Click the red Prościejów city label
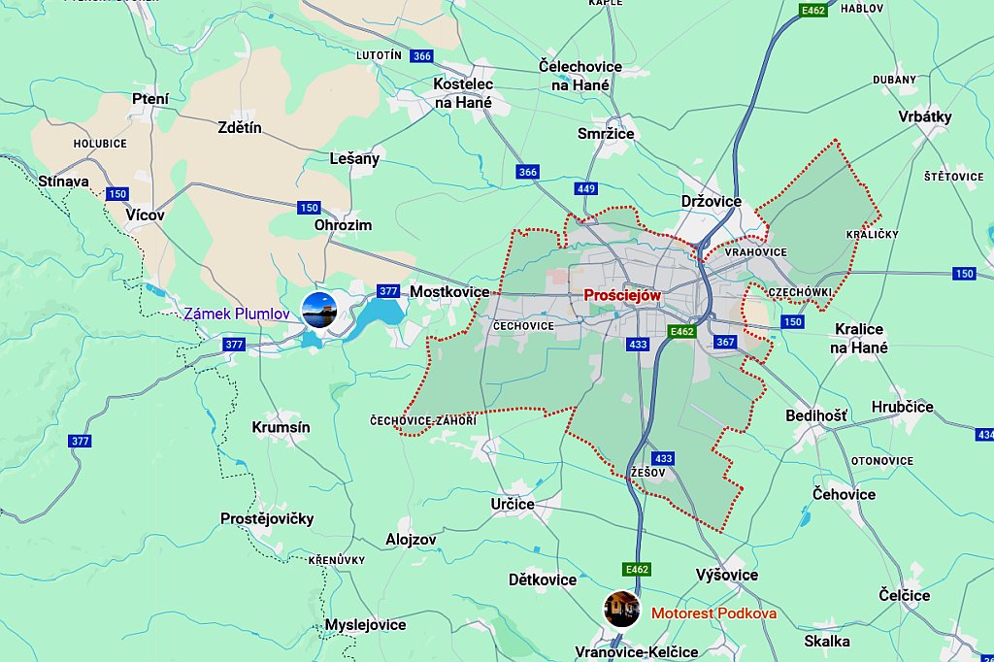[622, 294]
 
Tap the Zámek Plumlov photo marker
[319, 310]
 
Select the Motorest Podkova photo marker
[621, 609]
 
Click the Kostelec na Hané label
[463, 93]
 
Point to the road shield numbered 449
[585, 188]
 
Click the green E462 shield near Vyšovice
[637, 569]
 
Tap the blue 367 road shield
[725, 342]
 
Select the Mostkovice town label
[449, 291]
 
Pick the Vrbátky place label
[924, 116]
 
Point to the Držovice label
[711, 201]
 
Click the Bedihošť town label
[815, 415]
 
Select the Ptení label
[150, 98]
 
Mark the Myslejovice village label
[365, 624]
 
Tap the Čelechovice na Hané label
[580, 76]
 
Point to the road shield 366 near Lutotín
[421, 56]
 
